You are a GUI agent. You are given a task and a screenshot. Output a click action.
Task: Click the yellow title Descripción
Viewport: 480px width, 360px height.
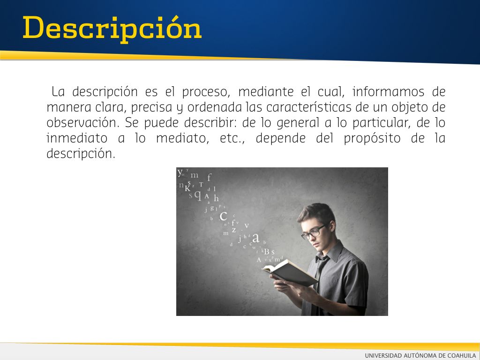[x=112, y=29]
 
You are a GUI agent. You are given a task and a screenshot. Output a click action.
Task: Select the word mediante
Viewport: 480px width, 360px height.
[x=266, y=91]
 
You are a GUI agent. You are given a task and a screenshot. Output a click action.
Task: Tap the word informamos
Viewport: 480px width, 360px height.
[x=388, y=91]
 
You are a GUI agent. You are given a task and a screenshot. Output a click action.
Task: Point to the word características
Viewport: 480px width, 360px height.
[x=308, y=107]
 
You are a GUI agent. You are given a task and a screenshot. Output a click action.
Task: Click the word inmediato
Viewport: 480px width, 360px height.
[x=77, y=138]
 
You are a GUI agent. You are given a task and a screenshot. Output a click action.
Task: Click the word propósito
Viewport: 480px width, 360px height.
[x=372, y=139]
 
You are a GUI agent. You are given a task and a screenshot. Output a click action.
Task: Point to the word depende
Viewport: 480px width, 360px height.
[x=280, y=139]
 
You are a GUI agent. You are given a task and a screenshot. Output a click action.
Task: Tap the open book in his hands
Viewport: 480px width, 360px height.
[x=290, y=272]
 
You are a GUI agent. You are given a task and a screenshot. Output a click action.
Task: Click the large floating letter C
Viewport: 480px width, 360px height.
[x=223, y=216]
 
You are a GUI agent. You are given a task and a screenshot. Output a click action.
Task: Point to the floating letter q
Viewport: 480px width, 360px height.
[x=198, y=195]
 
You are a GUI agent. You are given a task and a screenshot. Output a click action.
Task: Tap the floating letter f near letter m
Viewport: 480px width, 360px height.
[x=210, y=177]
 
